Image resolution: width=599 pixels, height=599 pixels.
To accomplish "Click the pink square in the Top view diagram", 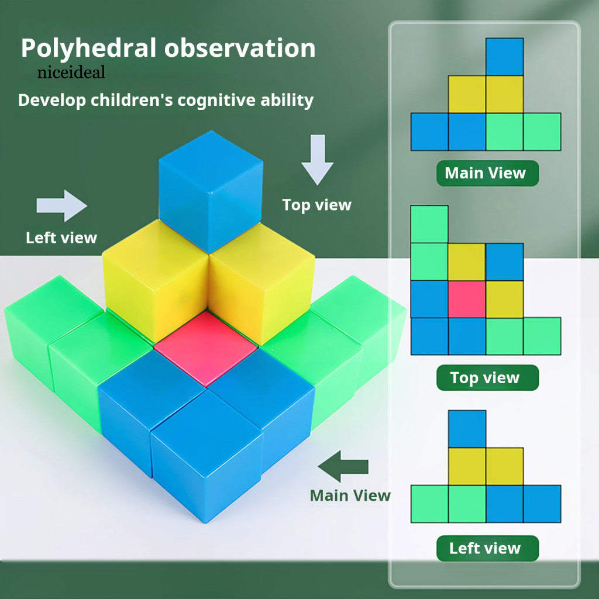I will (467, 299).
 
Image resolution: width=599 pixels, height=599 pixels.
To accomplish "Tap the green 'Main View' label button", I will (487, 173).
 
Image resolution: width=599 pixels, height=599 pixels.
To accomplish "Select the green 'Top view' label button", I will (487, 378).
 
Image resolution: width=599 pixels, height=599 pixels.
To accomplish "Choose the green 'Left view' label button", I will (487, 548).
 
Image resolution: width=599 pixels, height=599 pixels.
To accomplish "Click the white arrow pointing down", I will (317, 159).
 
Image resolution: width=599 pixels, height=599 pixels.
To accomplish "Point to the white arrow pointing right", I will (61, 205).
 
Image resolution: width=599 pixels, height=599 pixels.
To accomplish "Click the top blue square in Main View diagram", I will (504, 57).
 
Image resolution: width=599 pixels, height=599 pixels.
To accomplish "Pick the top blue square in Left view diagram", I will (467, 429).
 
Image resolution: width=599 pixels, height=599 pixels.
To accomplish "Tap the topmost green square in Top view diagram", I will (429, 224).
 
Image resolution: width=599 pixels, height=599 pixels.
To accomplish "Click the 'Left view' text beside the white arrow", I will (61, 237).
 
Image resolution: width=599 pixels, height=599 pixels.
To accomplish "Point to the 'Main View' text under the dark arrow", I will (350, 495).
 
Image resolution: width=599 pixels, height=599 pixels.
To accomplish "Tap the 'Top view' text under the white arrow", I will (316, 205).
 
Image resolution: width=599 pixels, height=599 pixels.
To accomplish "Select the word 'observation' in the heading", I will (240, 49).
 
